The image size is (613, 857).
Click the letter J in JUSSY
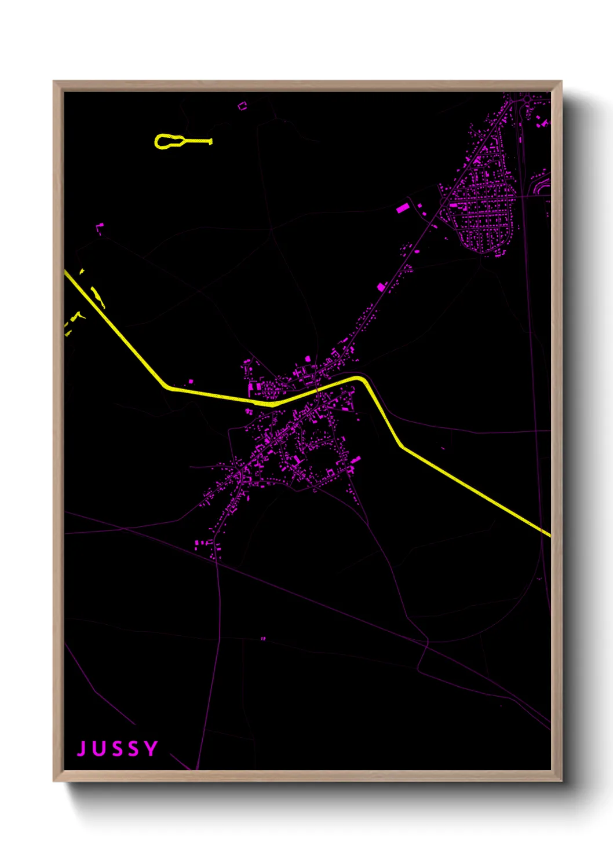pos(82,749)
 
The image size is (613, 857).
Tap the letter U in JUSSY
pos(99,749)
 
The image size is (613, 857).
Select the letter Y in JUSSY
pos(151,749)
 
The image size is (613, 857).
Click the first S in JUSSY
pos(116,749)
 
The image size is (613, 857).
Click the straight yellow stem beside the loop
pos(198,141)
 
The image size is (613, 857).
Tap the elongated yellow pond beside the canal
pos(97,297)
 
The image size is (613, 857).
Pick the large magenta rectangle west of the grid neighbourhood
pos(402,207)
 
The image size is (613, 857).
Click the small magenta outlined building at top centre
pos(242,105)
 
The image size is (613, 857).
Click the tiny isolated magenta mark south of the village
pos(264,639)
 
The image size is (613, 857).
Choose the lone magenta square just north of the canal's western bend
pos(191,382)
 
